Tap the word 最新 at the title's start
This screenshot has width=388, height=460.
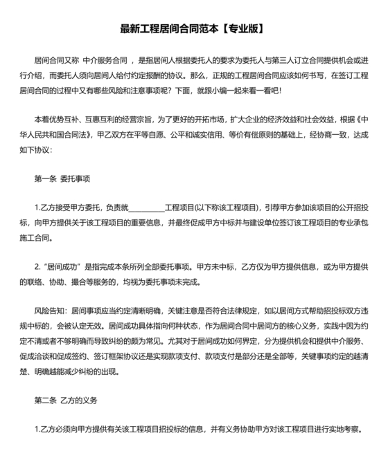point(130,29)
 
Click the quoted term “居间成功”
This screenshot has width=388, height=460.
point(63,266)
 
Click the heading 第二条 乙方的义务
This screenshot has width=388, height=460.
point(67,400)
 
